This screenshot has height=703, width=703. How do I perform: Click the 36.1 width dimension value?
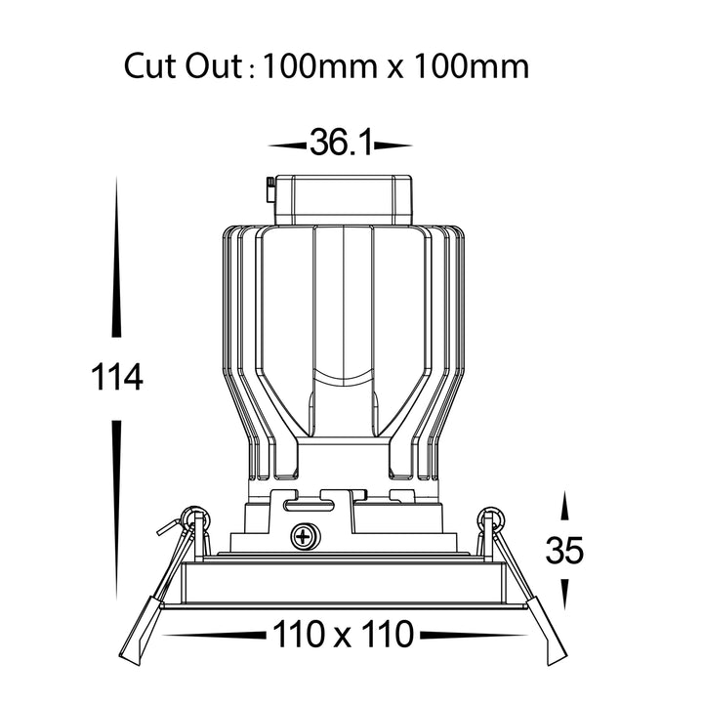point(341,143)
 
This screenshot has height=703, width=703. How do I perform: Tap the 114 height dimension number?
point(117,378)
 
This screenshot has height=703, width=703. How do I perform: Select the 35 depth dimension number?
point(564,550)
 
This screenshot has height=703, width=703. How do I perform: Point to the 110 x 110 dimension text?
point(343,634)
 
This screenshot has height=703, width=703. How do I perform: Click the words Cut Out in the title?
point(183,66)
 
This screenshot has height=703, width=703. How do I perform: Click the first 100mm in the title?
point(319,66)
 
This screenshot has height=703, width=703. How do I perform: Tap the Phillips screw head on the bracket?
point(305,536)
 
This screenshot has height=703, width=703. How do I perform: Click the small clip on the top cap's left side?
point(270,189)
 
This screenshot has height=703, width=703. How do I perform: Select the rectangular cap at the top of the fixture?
point(343,200)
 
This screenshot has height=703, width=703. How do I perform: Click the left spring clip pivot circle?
point(196,518)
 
